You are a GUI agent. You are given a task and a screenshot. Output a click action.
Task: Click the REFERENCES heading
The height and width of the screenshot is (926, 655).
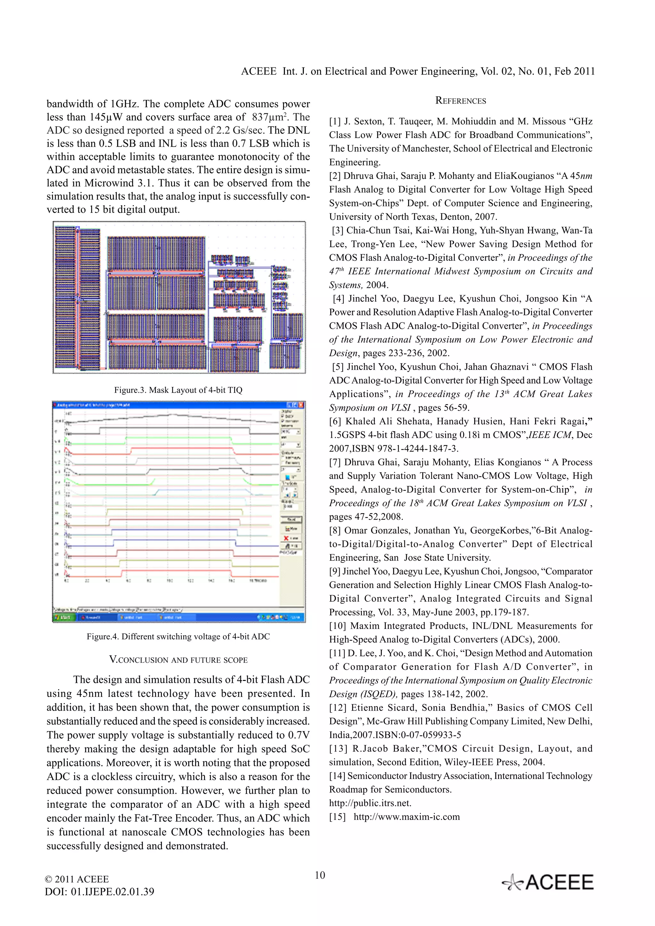pyautogui.click(x=461, y=101)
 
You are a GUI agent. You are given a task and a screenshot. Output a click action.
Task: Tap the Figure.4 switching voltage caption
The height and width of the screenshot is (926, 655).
pyautogui.click(x=178, y=637)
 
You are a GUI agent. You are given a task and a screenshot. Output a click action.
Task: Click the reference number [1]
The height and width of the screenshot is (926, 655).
pyautogui.click(x=335, y=121)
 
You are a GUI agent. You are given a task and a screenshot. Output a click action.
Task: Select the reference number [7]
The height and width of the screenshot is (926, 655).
pyautogui.click(x=335, y=462)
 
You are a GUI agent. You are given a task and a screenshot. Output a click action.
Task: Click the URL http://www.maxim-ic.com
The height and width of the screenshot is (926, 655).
pyautogui.click(x=406, y=817)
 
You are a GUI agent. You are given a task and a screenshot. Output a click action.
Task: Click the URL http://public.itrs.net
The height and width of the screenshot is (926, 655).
pyautogui.click(x=370, y=803)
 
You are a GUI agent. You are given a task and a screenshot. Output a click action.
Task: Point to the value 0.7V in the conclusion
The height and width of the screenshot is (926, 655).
pyautogui.click(x=299, y=735)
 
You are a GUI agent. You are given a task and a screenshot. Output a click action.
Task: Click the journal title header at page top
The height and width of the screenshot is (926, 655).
pyautogui.click(x=418, y=71)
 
